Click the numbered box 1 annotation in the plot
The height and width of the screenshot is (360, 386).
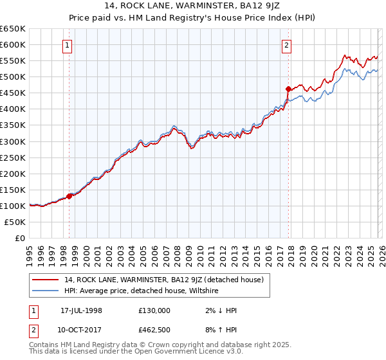point(68,45)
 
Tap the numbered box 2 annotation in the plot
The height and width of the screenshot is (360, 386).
point(286,45)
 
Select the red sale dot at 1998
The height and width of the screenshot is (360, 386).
point(69,196)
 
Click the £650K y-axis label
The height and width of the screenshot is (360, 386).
point(13,29)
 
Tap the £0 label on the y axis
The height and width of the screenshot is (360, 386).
point(19,238)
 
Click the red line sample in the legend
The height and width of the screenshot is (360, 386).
point(46,280)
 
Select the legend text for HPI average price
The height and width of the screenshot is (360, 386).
point(142,291)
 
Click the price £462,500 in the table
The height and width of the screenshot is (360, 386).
point(154,330)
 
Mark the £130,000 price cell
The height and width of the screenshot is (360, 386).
point(154,310)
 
